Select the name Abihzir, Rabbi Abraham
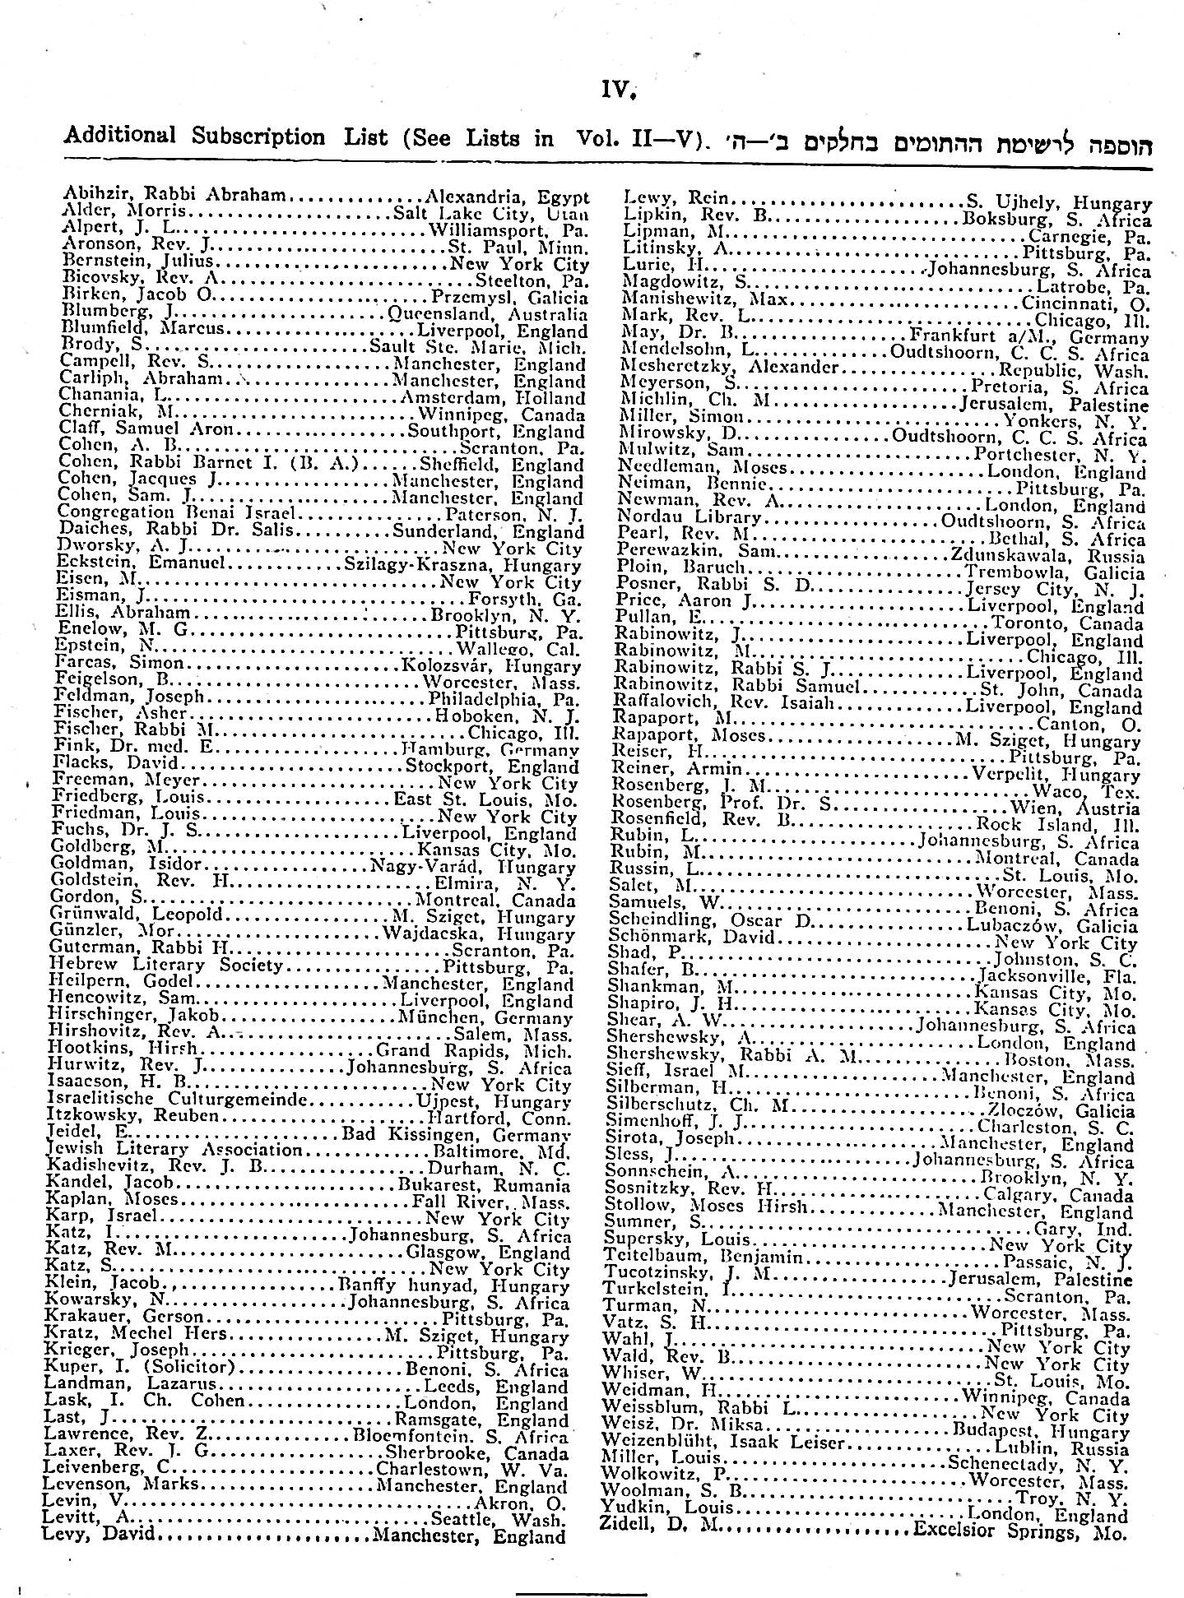coord(174,196)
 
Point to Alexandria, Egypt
coord(507,197)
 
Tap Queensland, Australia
coord(487,314)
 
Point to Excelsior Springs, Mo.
coord(1019,1532)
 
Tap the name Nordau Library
coord(690,516)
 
